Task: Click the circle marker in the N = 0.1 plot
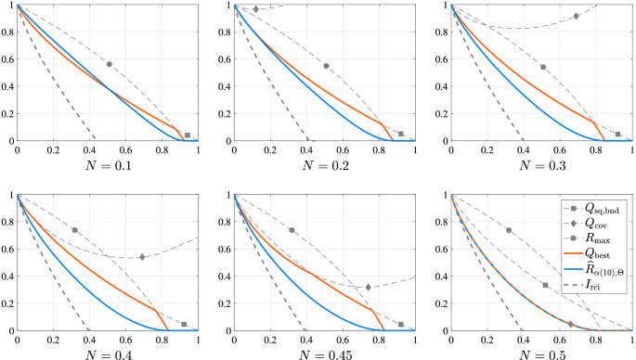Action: coord(110,64)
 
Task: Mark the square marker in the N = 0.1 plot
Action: coord(188,135)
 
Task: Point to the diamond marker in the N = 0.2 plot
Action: coord(256,9)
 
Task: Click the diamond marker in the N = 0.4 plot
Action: coord(142,257)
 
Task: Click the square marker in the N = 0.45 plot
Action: coord(401,324)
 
